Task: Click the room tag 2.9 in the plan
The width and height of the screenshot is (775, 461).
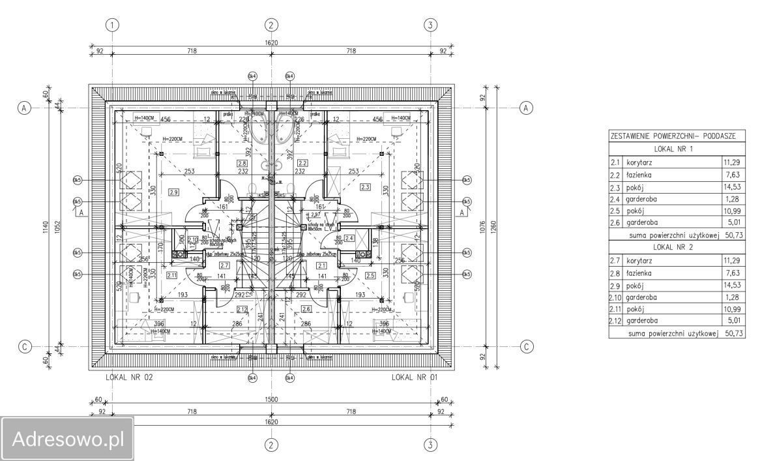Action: (173, 192)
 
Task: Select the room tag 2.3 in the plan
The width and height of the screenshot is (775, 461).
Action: (365, 187)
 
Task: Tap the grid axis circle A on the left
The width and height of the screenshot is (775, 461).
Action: (24, 108)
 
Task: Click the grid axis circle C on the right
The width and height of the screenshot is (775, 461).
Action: (526, 346)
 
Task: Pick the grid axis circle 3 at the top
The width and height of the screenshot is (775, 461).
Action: (430, 25)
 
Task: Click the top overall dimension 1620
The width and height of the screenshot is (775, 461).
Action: (271, 42)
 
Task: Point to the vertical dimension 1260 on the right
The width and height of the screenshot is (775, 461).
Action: (495, 226)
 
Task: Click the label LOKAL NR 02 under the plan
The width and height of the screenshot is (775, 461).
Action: (128, 377)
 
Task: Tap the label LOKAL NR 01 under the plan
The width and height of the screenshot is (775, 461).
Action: (416, 377)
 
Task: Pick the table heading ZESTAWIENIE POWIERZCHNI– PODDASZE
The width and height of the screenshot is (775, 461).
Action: (673, 136)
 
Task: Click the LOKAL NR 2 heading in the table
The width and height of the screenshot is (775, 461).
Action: (676, 266)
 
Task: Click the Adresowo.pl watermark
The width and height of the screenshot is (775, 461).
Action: (67, 438)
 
